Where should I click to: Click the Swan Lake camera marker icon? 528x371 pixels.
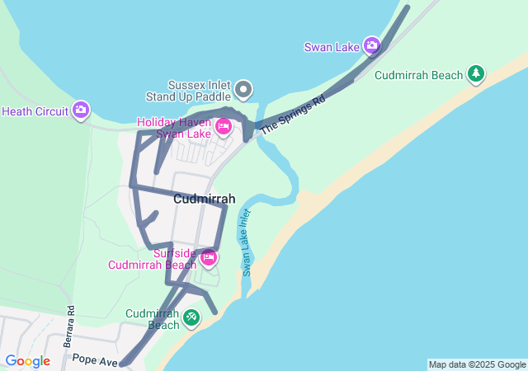371,46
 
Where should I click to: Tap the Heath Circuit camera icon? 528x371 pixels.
80,110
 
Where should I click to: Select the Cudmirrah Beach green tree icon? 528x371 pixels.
475,75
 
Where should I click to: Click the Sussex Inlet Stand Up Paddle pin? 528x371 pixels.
243,88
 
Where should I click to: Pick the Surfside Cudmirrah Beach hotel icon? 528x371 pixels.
209,258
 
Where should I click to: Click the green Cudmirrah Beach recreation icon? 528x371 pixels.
191,317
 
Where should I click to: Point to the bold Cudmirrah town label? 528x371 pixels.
204,199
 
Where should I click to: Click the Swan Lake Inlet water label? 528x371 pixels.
246,242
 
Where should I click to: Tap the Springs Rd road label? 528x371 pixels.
293,113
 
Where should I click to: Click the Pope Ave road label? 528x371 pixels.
96,359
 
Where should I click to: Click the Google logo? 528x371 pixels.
26,360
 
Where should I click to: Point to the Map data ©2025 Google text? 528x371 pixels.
476,364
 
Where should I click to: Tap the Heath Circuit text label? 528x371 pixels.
35,111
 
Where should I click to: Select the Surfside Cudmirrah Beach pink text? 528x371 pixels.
153,259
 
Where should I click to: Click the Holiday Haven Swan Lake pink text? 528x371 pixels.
174,128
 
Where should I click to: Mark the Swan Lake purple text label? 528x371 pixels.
332,47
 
